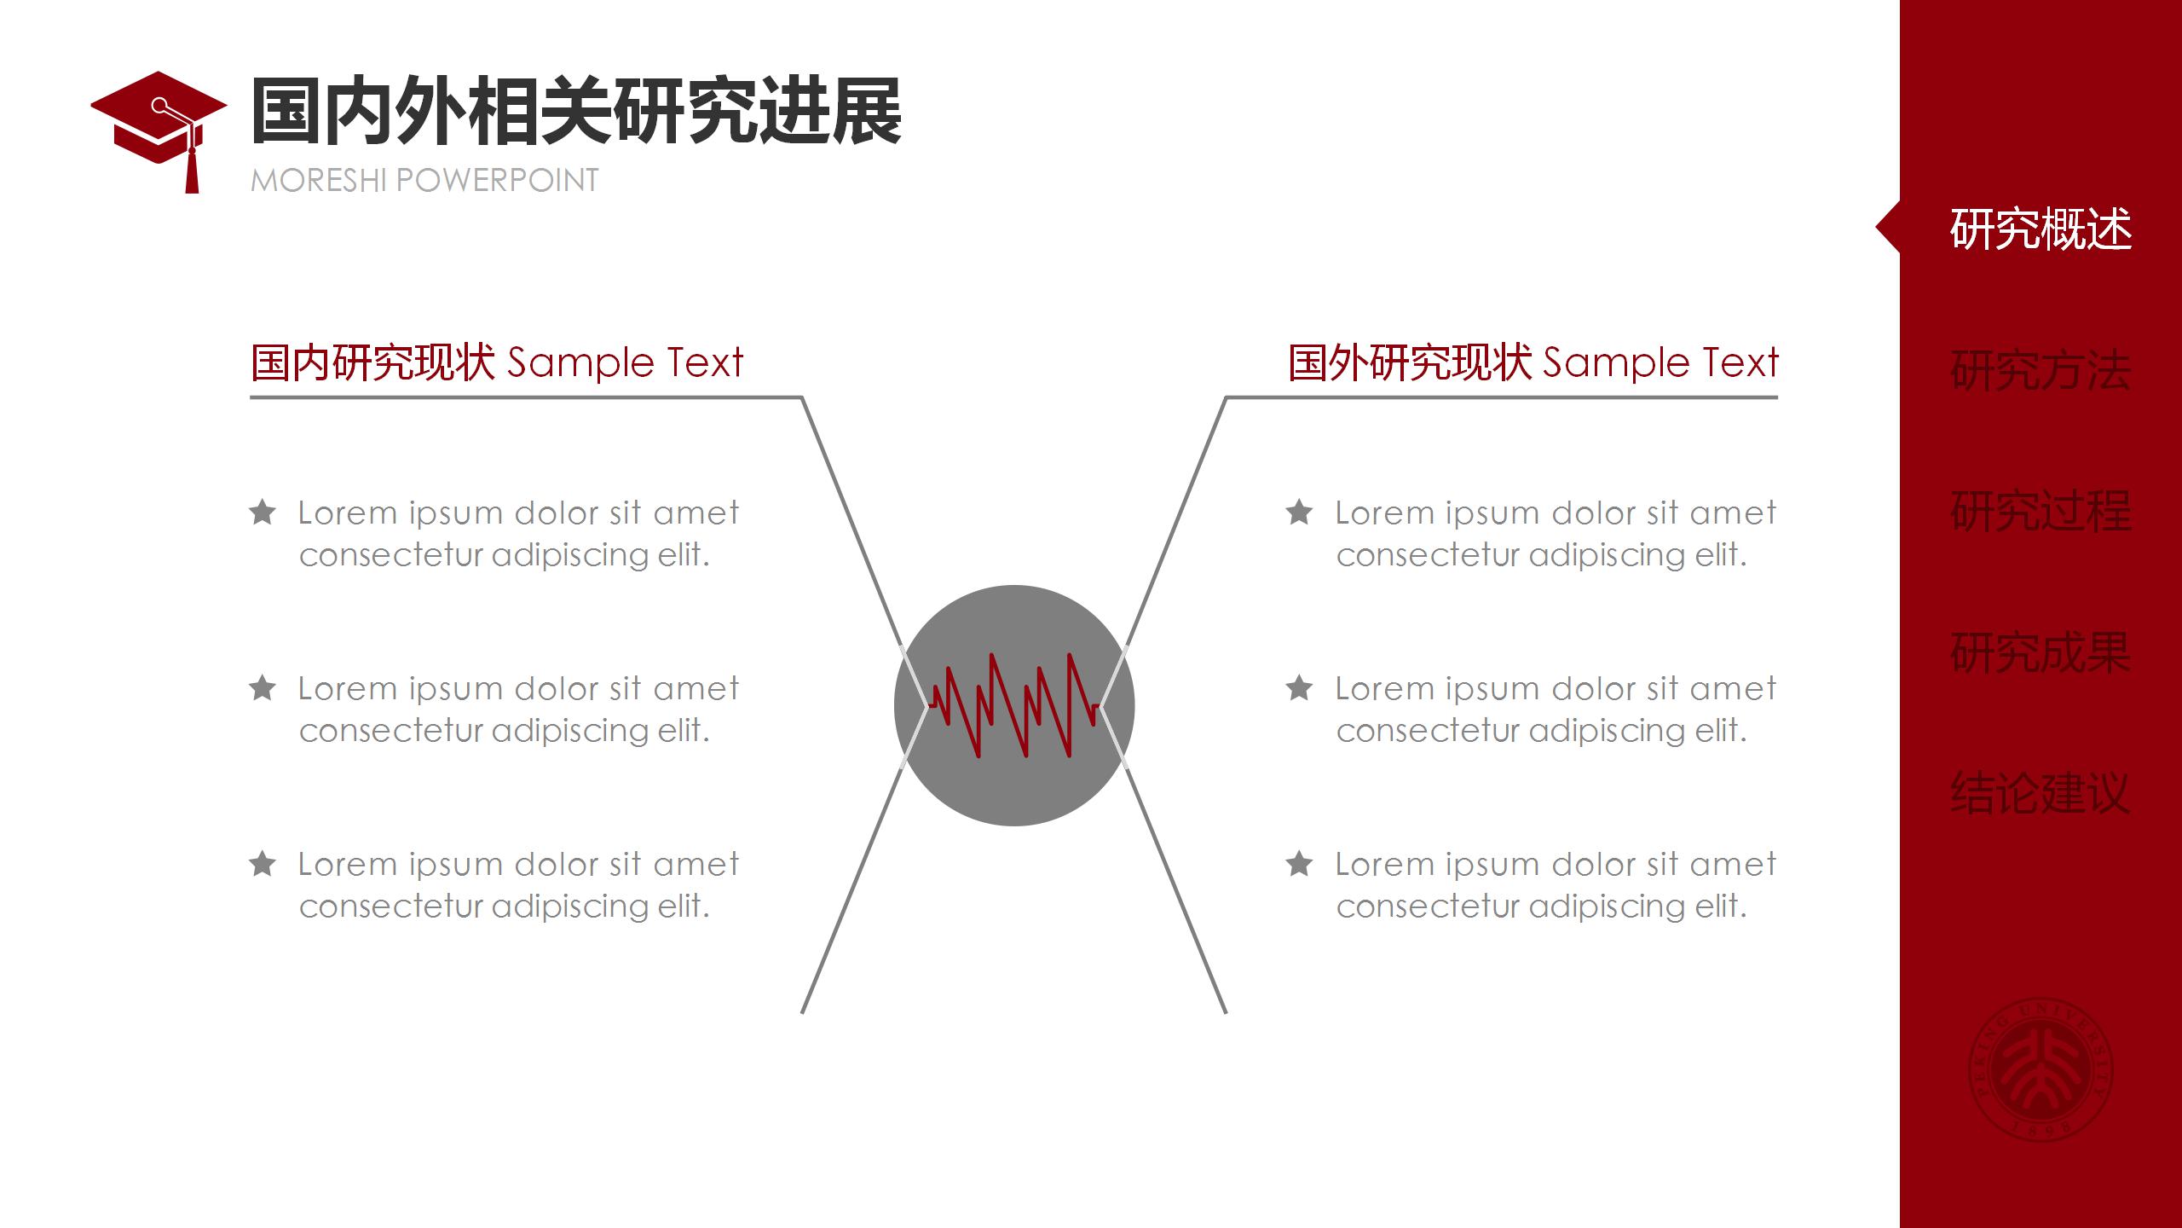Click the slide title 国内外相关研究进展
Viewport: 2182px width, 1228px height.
point(576,112)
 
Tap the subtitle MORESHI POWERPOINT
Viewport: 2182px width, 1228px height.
point(424,181)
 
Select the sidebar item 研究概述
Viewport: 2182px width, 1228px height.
point(2041,229)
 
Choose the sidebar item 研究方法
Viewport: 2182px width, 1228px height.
point(2041,370)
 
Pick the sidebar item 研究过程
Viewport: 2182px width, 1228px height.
point(2041,512)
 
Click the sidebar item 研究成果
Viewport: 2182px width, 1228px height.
point(2041,653)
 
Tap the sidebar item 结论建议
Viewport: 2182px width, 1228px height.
point(2041,794)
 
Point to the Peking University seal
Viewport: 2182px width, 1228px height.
point(2041,1069)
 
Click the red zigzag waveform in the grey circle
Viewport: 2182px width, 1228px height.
point(1014,705)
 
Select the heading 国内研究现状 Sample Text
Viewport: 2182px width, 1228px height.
point(497,362)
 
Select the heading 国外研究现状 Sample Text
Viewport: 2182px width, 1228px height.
point(1533,362)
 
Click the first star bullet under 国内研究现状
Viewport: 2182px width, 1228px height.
point(263,512)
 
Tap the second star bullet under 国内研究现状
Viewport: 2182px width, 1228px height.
point(263,687)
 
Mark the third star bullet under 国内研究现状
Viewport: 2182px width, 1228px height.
point(263,863)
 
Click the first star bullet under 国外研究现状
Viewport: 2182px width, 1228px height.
point(1299,512)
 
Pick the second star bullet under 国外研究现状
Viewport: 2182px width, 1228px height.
point(1299,687)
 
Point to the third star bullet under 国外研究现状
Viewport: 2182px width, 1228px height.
point(1299,863)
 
